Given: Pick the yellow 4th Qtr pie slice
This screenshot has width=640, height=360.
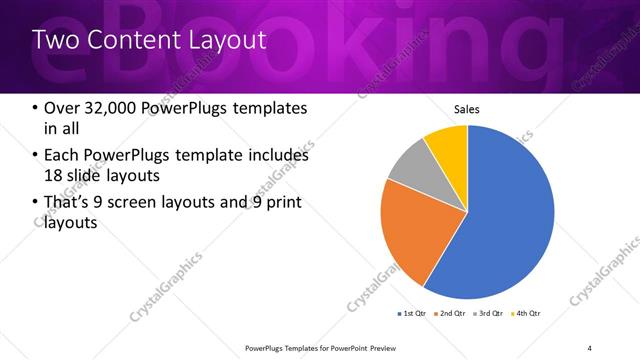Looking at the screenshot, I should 448,145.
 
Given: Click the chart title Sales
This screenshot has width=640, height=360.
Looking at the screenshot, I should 467,109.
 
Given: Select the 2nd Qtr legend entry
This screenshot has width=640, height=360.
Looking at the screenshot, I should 452,314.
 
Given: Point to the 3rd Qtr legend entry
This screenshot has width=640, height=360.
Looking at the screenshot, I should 490,314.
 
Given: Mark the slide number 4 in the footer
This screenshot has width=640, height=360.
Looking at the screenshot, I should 590,347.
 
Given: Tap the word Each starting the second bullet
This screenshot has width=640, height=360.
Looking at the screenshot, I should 62,156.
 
